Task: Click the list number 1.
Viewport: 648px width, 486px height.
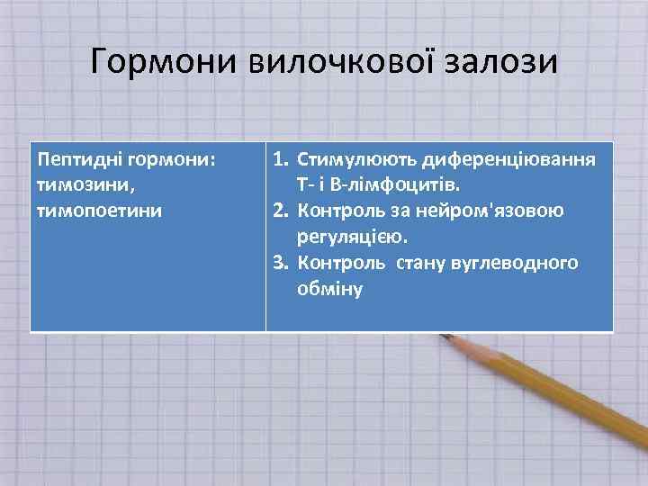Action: (x=281, y=160)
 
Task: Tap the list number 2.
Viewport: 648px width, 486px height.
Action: (x=281, y=211)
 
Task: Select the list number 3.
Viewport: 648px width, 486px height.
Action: (x=281, y=264)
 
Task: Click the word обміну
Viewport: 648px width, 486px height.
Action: (x=328, y=290)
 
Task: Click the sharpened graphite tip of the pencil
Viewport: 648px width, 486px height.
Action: (x=443, y=337)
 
